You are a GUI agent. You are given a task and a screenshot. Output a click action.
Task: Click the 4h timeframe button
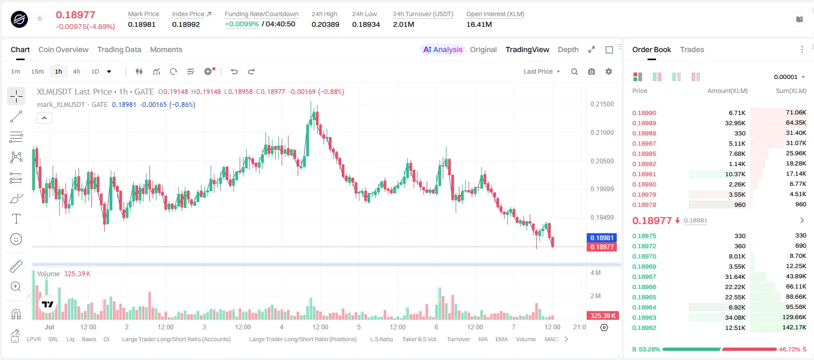point(76,71)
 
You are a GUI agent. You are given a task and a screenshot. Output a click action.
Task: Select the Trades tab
point(692,49)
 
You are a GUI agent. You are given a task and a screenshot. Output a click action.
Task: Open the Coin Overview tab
point(63,49)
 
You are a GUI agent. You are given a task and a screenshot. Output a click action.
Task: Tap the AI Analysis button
point(443,49)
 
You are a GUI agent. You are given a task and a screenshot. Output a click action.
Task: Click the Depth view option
point(568,49)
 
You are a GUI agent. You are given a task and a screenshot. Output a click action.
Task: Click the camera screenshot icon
point(592,71)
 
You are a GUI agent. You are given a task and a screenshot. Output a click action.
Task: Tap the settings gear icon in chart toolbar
point(609,71)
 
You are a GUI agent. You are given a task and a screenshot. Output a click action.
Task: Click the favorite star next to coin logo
point(40,18)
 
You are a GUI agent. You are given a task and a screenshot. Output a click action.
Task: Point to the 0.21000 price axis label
point(602,133)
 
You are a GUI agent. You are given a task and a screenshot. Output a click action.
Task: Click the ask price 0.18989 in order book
point(644,123)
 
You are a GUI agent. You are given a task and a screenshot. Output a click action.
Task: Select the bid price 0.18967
point(644,277)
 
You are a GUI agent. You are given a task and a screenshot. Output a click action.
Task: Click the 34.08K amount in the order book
point(735,318)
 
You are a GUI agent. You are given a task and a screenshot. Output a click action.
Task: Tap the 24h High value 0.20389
point(325,24)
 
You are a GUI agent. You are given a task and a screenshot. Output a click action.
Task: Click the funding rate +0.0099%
point(242,24)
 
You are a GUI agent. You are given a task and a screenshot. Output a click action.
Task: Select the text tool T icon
point(16,219)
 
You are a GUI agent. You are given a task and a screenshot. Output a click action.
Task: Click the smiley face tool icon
point(16,239)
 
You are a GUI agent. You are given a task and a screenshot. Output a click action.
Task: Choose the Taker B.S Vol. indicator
point(420,339)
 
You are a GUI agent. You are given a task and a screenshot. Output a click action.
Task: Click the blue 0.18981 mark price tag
point(602,237)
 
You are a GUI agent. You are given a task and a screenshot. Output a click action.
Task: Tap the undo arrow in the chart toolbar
point(234,71)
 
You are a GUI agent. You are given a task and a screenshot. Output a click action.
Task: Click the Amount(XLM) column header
point(727,91)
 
